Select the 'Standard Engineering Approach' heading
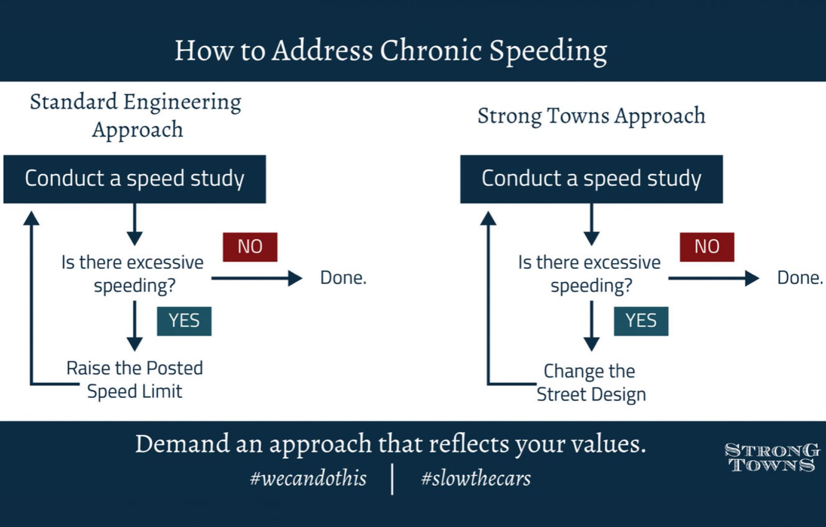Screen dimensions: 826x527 136,116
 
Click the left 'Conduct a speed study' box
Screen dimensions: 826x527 134,179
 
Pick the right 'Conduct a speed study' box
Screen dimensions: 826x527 591,179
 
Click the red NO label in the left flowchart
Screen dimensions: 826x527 250,247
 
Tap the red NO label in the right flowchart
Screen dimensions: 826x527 707,247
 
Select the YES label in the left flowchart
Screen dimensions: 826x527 184,321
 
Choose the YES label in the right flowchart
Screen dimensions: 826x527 641,321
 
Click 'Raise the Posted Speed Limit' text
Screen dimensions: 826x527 134,380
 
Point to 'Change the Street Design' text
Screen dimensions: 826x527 591,383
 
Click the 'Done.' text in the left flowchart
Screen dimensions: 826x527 343,278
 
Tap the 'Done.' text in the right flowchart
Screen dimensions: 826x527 800,278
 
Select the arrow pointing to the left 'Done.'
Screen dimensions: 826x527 257,278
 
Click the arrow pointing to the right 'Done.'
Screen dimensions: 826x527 714,278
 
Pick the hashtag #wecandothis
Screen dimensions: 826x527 308,478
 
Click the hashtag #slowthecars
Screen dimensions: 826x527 476,478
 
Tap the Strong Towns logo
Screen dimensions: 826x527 772,458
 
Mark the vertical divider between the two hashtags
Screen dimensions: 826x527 392,480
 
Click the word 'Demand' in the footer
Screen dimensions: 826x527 182,444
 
